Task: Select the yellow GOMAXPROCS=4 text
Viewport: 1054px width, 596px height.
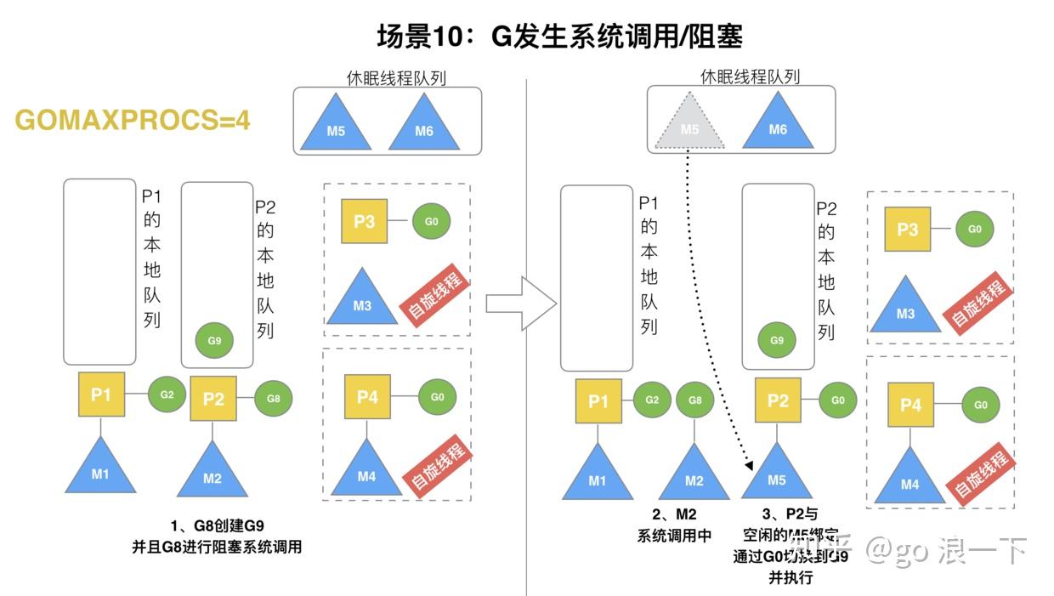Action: (x=133, y=121)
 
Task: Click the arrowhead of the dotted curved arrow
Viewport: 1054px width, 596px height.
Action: (x=750, y=464)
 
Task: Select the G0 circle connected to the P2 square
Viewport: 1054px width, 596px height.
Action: (x=837, y=400)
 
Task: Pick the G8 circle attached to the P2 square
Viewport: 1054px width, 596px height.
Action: (x=273, y=398)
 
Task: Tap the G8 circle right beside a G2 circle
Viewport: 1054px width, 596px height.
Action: (x=694, y=400)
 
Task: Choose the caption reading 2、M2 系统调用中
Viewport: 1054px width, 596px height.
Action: (x=674, y=525)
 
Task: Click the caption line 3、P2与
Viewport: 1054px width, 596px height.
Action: (x=790, y=514)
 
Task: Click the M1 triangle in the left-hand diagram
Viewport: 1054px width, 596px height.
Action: (x=100, y=469)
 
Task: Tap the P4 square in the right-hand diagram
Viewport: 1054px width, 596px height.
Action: (x=910, y=405)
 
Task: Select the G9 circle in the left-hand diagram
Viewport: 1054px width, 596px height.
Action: (x=214, y=340)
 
